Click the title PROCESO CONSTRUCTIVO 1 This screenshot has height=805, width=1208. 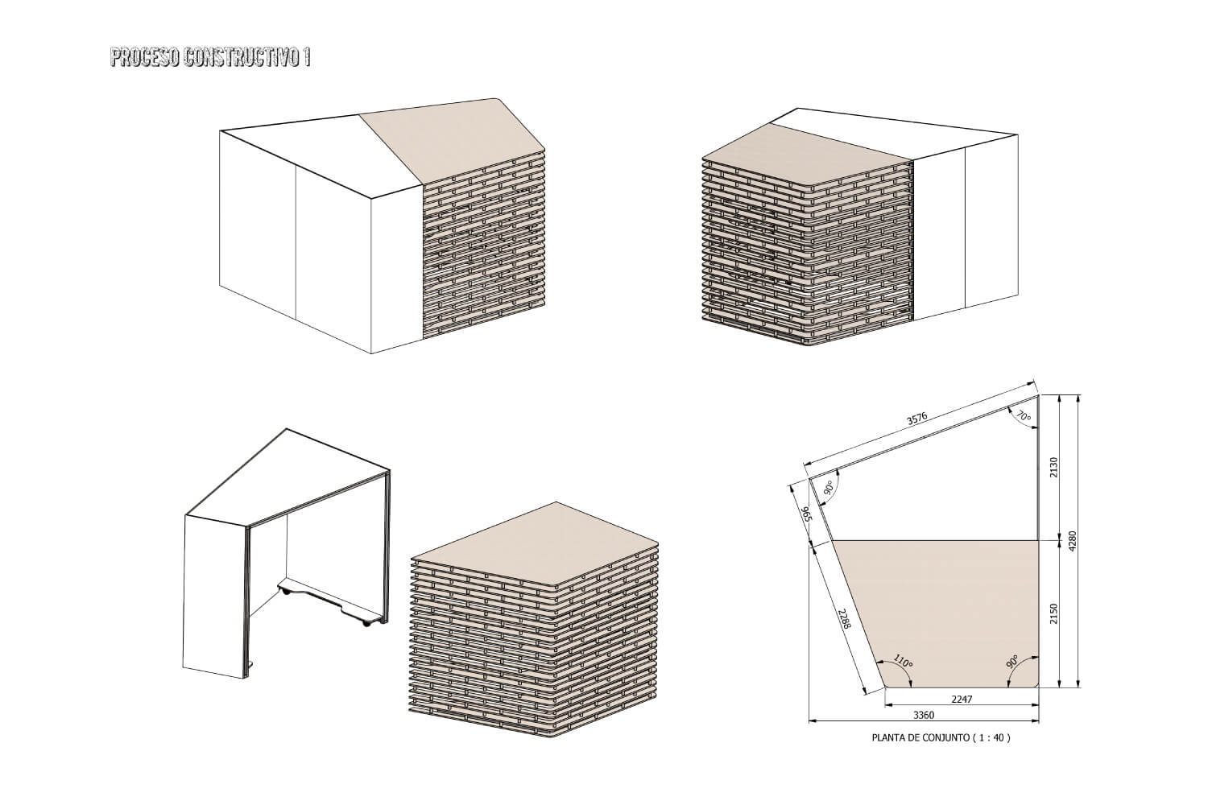pos(210,58)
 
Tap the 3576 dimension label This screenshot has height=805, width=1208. pos(916,419)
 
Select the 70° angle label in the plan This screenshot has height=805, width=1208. pos(1024,415)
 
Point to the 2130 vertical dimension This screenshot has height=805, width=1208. pos(1054,467)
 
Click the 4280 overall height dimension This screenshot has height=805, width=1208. pos(1072,541)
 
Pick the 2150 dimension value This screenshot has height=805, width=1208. pos(1054,614)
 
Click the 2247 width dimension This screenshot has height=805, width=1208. pos(962,700)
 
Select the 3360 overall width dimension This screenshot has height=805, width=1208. pos(923,716)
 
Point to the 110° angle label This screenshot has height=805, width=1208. pos(903,661)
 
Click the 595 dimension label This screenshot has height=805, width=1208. pos(806,514)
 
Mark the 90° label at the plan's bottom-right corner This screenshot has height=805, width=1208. pos(1012,663)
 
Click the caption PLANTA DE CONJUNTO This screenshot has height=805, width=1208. pos(920,737)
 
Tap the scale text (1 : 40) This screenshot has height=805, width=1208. pos(991,737)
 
